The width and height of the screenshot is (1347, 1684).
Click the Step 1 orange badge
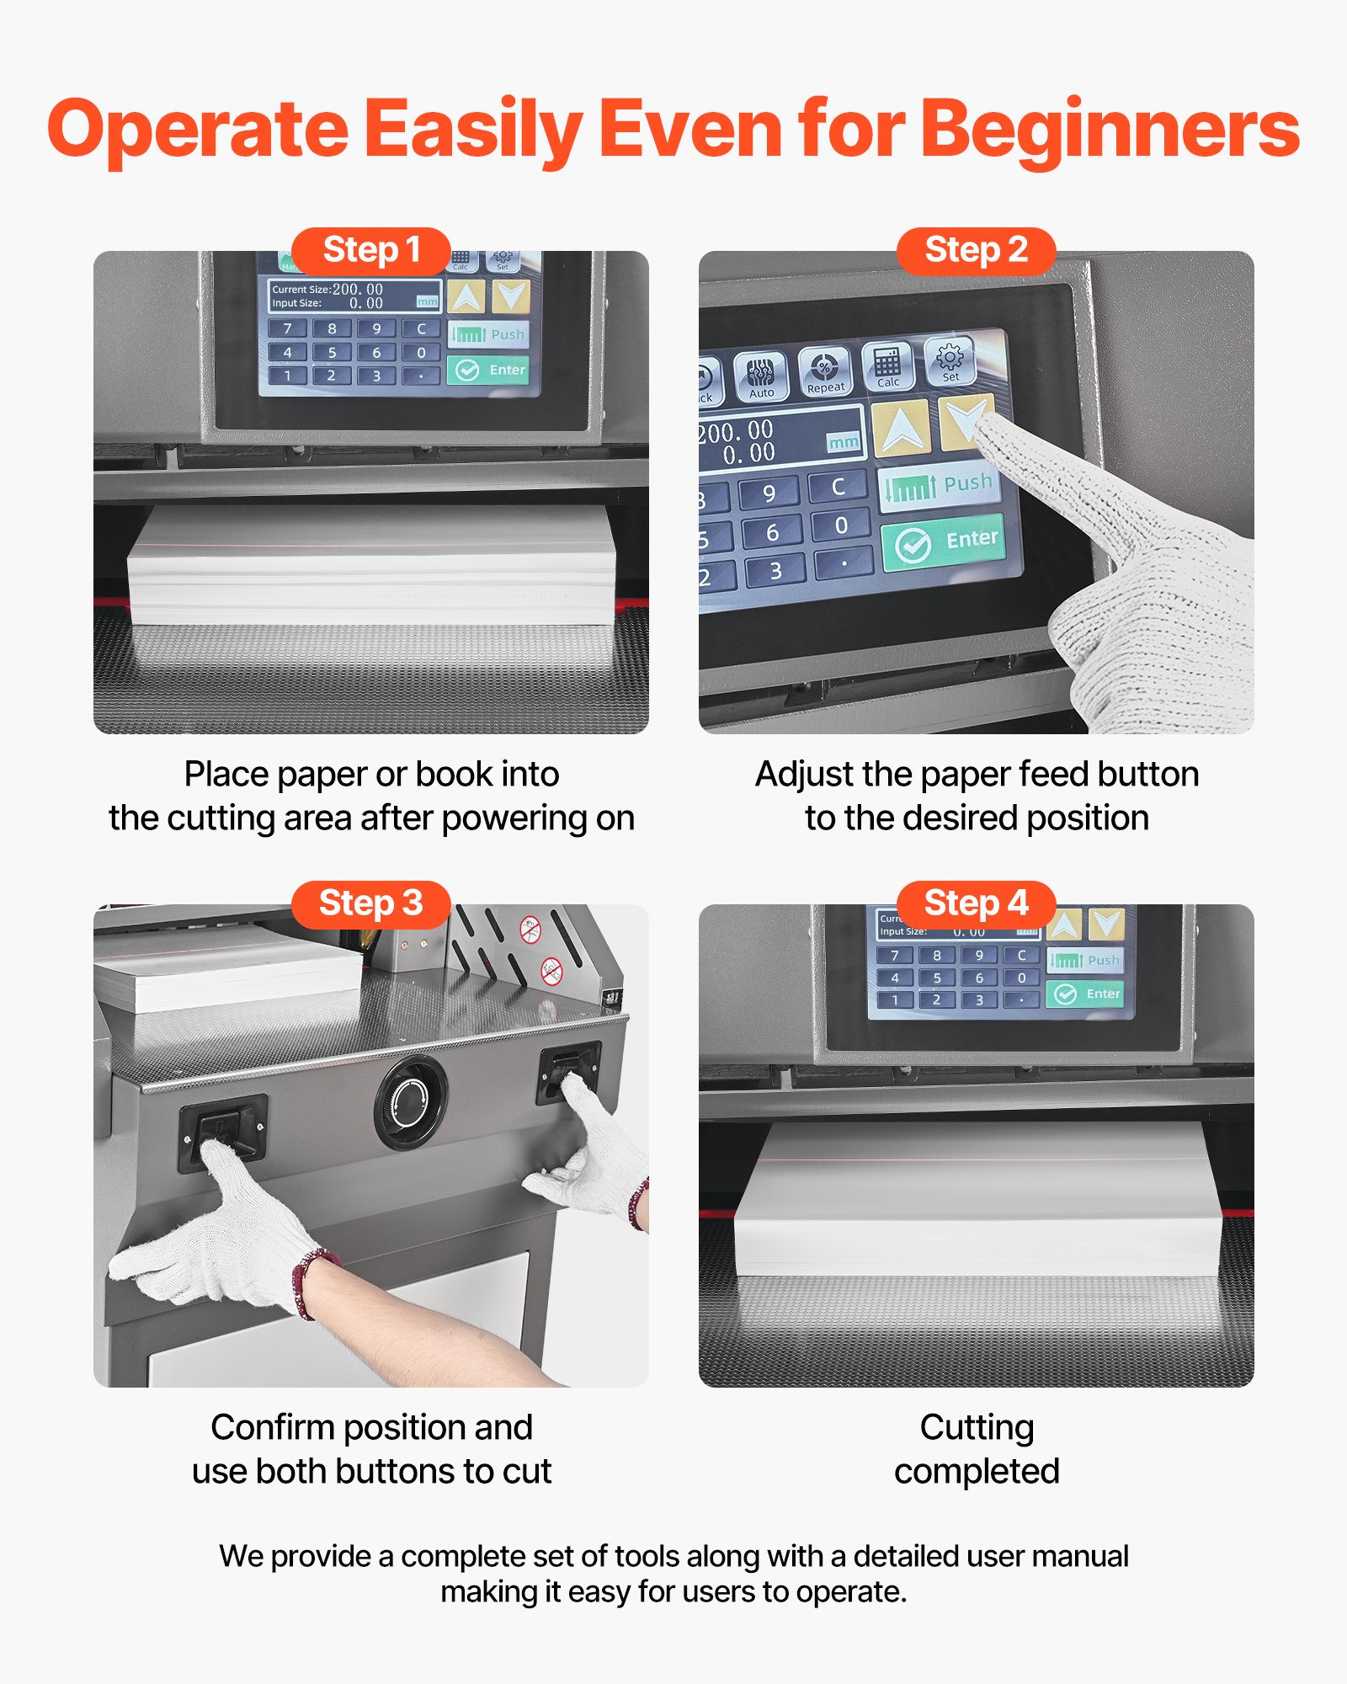(370, 251)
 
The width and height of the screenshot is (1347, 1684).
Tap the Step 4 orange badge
(976, 904)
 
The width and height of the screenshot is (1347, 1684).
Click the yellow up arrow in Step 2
(901, 428)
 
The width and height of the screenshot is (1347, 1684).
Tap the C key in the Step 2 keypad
(838, 487)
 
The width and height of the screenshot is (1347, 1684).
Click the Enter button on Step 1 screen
(488, 370)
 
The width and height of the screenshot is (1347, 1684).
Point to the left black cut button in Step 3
(221, 1131)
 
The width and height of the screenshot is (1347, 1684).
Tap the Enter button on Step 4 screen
(1086, 994)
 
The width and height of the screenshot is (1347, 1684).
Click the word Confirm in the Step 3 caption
(272, 1427)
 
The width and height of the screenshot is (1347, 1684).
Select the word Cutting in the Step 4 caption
(977, 1427)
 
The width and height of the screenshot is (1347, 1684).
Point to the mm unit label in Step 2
(844, 442)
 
